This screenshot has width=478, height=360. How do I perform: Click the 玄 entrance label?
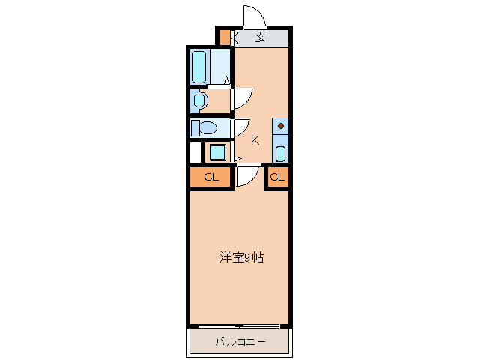[260, 37]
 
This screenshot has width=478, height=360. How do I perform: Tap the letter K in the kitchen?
[255, 140]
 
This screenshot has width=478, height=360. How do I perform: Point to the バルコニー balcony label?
[240, 342]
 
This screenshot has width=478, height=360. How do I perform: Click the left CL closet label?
[211, 178]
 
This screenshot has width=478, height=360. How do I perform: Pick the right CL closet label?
[277, 178]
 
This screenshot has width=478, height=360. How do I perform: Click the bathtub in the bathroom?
[199, 67]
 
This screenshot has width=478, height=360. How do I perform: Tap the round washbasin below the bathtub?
[199, 100]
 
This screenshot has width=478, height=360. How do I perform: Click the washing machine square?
[217, 152]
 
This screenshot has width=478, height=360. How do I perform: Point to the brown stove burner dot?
[281, 126]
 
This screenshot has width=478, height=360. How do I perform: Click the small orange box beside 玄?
[224, 37]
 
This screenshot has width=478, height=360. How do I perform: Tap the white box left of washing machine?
[196, 152]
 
